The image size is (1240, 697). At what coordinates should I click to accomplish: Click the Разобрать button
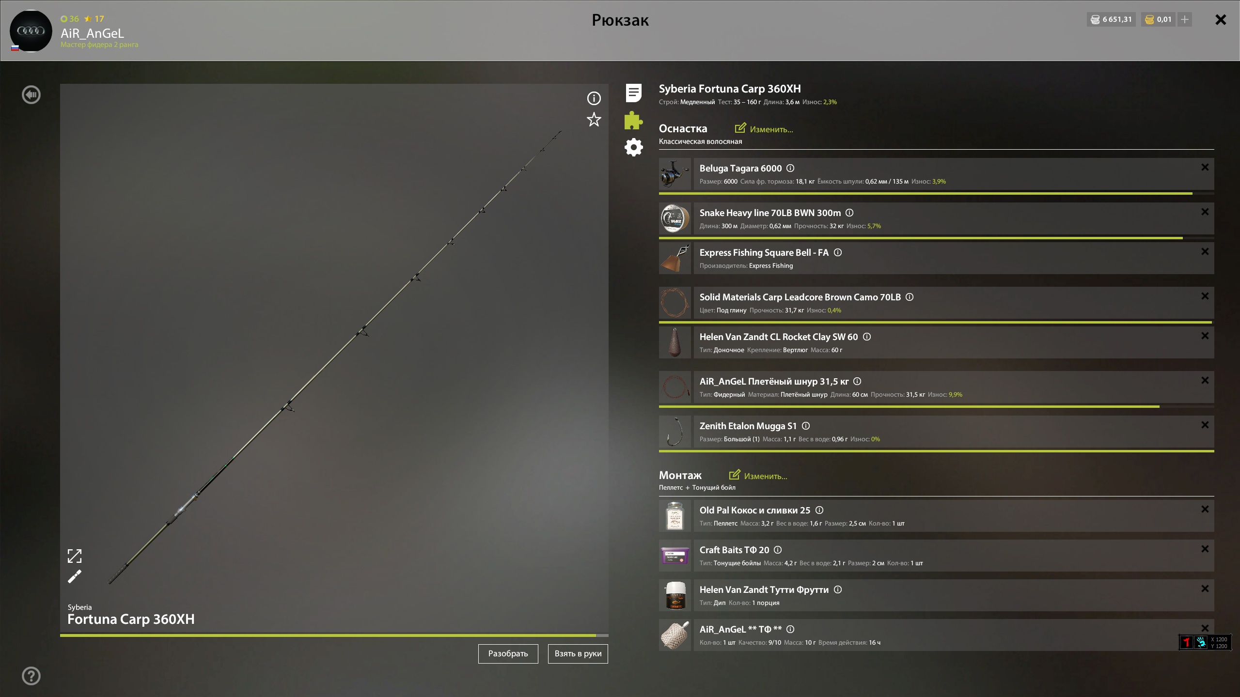[508, 653]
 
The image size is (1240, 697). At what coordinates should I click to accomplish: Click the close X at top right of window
[1221, 19]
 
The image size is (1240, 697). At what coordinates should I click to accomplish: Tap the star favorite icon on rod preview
[594, 119]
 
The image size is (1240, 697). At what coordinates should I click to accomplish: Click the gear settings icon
[633, 147]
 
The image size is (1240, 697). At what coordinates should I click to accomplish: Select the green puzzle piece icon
[633, 120]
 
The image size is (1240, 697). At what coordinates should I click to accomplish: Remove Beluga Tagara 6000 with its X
[1205, 167]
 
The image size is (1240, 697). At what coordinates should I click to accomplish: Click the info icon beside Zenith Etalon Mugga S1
[806, 426]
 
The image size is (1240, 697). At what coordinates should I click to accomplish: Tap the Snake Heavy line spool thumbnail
[675, 218]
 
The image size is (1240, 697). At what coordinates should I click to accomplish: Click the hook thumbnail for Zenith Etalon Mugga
[675, 432]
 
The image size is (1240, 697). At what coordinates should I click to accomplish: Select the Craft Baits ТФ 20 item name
[734, 550]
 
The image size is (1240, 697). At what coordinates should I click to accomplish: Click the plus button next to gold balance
[1185, 19]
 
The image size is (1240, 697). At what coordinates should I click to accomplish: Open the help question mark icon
[31, 676]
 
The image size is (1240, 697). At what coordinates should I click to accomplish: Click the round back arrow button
[31, 94]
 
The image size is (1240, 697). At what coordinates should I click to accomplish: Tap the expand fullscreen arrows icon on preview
[75, 556]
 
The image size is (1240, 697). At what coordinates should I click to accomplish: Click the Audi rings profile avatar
[31, 31]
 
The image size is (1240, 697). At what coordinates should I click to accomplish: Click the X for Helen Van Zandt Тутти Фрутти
[1205, 589]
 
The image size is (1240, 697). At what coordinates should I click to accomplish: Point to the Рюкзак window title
[620, 20]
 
